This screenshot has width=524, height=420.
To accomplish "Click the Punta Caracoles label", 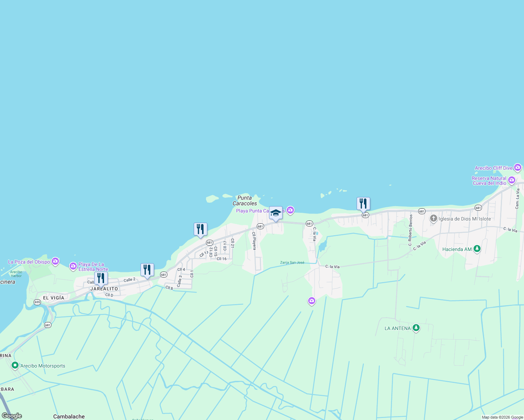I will click(x=244, y=201).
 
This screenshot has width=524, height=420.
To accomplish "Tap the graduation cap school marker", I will click(x=276, y=213).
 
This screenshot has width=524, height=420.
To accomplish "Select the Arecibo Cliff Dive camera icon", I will click(x=517, y=168).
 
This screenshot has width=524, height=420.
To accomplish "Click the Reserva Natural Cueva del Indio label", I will click(x=489, y=181).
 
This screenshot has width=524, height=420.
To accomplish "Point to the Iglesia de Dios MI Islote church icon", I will click(x=434, y=219).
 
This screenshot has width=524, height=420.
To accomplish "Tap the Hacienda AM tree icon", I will click(x=477, y=249).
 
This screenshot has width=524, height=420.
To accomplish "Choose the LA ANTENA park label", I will click(x=398, y=328).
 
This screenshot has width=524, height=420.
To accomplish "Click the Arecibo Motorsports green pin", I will click(x=15, y=365).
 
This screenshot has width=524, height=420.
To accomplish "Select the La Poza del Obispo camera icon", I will click(x=55, y=261).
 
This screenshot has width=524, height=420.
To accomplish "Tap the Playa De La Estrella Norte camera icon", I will click(x=73, y=266).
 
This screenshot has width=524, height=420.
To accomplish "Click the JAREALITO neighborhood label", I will click(x=104, y=289).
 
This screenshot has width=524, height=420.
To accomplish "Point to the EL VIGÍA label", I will click(x=54, y=298).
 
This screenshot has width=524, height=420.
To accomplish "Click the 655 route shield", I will click(x=37, y=302).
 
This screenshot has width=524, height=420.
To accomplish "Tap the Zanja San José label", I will click(x=292, y=262).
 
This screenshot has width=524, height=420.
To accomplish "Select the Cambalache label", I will click(x=69, y=416).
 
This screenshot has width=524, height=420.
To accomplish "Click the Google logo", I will click(x=12, y=416).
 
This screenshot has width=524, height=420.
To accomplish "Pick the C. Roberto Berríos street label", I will click(x=411, y=230).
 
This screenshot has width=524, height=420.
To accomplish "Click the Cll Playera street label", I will click(x=254, y=240).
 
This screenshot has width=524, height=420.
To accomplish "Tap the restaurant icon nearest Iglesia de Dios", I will click(x=363, y=203).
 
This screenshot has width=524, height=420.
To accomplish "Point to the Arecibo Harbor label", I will click(x=16, y=274).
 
